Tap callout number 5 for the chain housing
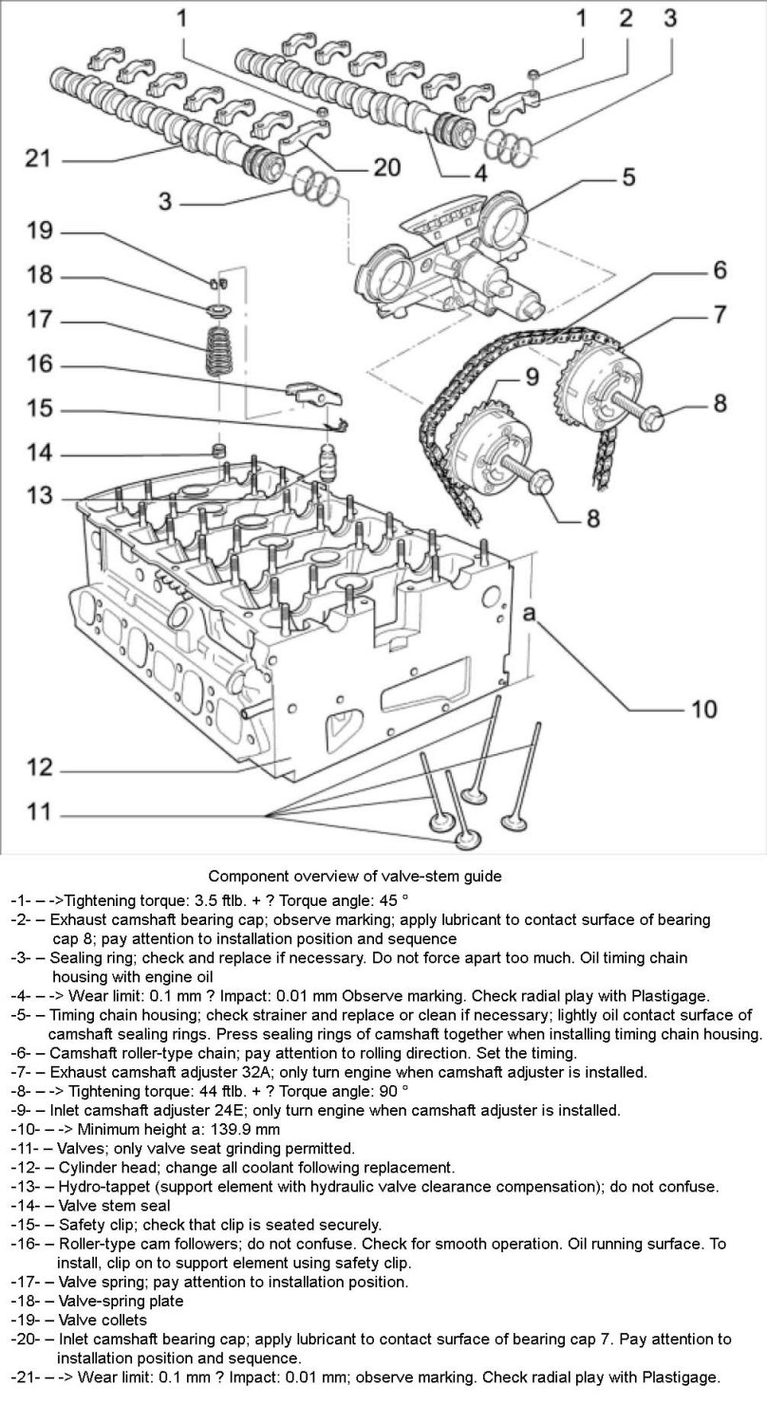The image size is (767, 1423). click(628, 177)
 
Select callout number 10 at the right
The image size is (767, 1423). click(702, 709)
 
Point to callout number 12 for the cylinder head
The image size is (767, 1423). click(38, 767)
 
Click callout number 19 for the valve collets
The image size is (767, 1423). click(39, 232)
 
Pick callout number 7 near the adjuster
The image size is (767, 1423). click(720, 313)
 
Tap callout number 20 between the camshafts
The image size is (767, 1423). click(386, 168)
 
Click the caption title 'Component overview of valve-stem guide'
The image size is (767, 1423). click(355, 876)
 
